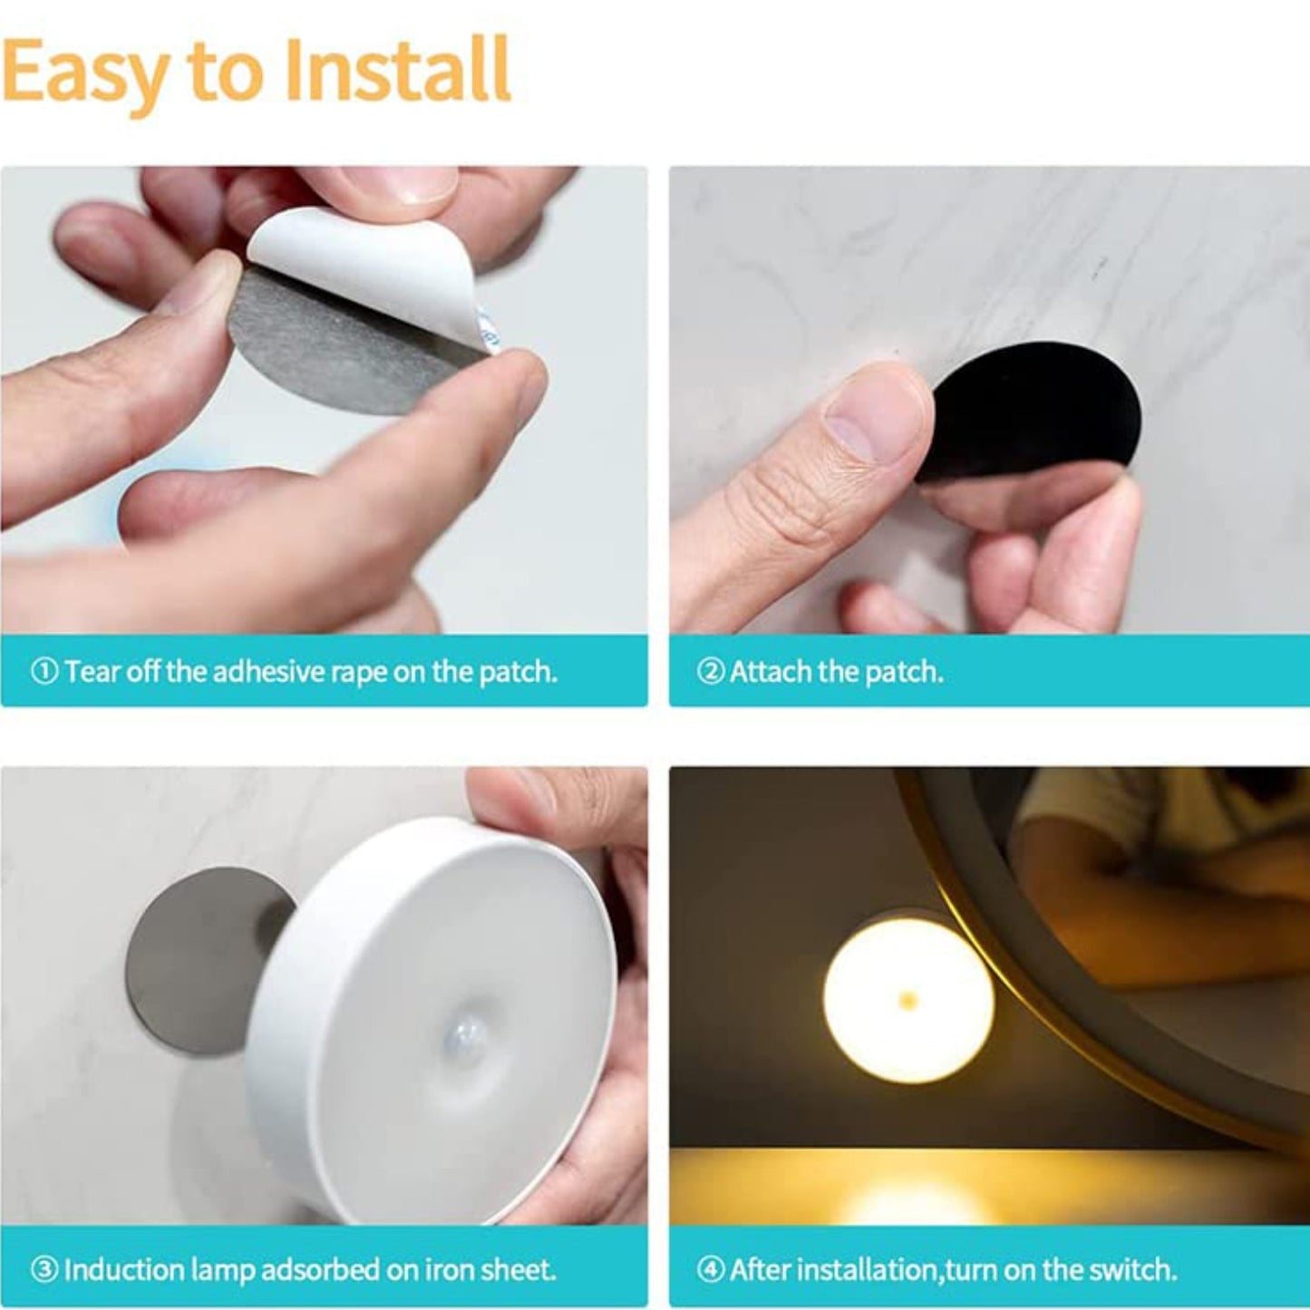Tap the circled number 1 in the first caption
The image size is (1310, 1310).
(44, 672)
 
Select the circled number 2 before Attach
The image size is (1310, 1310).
(711, 672)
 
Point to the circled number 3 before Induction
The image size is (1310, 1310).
(44, 1269)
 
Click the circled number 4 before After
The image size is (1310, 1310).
(711, 1269)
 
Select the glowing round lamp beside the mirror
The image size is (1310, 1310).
(907, 997)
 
